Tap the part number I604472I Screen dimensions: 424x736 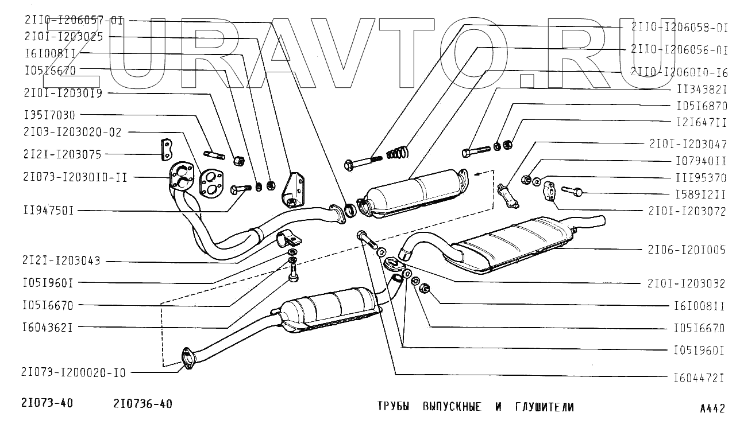tap(698, 378)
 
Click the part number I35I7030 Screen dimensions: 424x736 tap(50, 115)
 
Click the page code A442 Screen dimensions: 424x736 tap(712, 409)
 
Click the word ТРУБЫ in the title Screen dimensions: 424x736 tap(393, 407)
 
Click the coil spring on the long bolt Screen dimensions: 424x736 tap(398, 153)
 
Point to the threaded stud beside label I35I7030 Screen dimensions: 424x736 tap(213, 155)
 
